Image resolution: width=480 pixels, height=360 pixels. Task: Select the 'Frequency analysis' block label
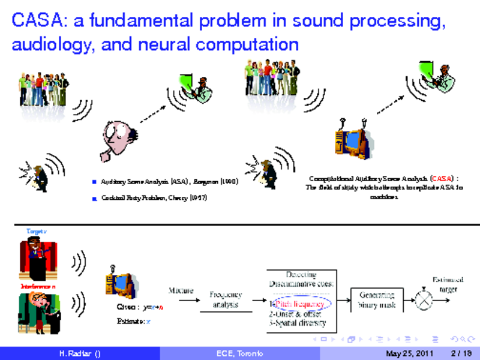click(x=226, y=299)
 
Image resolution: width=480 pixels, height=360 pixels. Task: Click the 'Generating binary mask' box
click(x=377, y=299)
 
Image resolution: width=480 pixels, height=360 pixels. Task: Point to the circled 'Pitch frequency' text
click(x=299, y=304)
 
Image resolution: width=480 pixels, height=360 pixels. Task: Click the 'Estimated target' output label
click(x=448, y=284)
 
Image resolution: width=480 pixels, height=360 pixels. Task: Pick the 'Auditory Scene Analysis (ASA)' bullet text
click(x=164, y=181)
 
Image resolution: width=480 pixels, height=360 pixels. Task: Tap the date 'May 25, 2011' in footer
click(x=409, y=354)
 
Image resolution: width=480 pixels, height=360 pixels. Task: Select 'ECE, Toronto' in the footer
click(x=239, y=354)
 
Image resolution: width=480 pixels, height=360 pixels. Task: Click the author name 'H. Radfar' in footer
click(x=76, y=354)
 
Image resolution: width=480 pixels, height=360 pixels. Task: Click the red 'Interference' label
click(x=37, y=286)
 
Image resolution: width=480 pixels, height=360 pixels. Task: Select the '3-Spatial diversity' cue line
click(x=297, y=323)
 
